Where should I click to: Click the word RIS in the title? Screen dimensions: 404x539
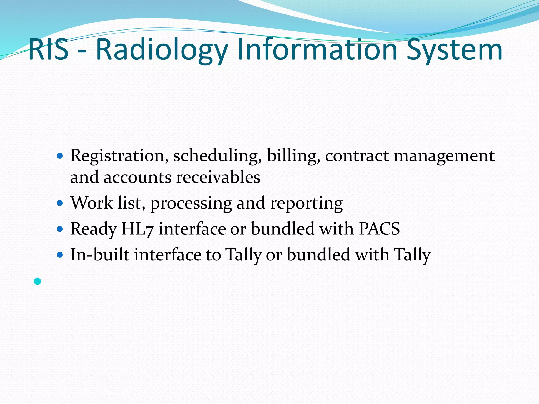(x=48, y=49)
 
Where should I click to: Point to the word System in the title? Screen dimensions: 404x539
(x=455, y=50)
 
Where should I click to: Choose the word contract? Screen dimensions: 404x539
(x=357, y=156)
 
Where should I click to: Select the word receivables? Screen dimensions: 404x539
(x=218, y=177)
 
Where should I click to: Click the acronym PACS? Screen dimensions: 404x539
(x=379, y=229)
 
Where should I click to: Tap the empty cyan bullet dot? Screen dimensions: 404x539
(x=38, y=281)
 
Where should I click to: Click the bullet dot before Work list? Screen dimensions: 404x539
(x=60, y=203)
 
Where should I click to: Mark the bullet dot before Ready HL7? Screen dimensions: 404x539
(x=60, y=229)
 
